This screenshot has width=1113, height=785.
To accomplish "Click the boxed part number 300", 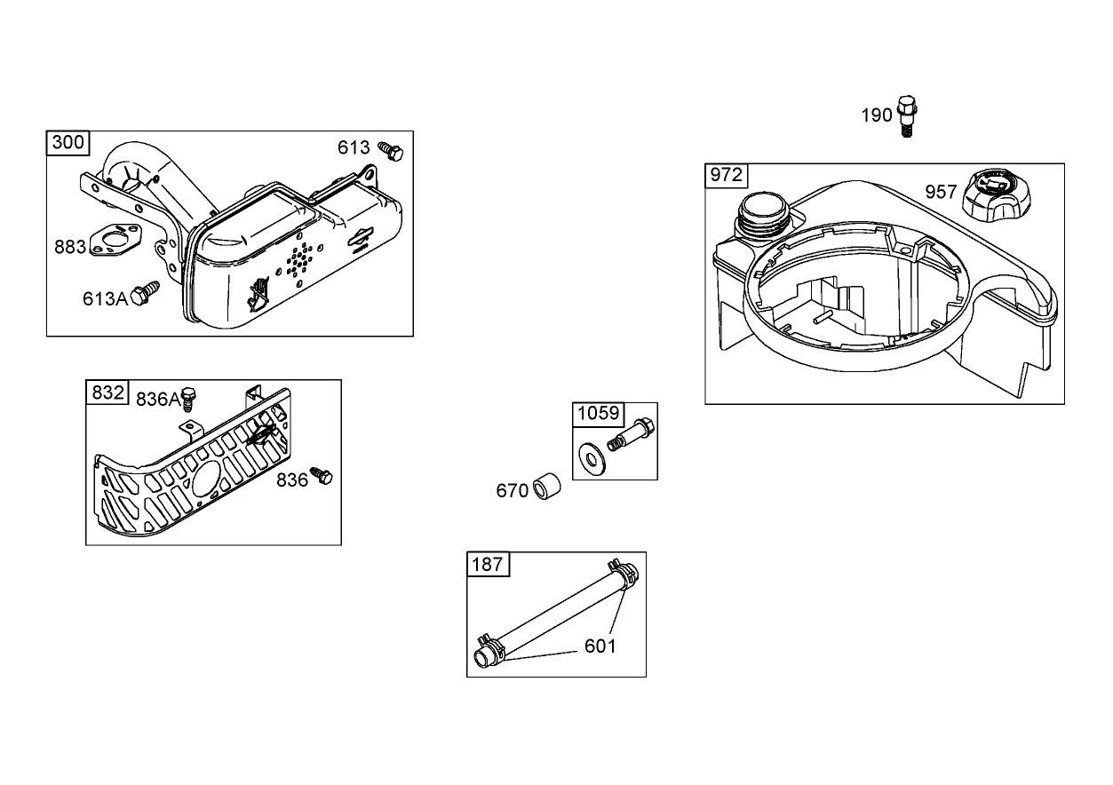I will point(68,143).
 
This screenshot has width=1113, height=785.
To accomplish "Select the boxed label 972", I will point(726,175).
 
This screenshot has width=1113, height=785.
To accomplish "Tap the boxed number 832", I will point(107,392).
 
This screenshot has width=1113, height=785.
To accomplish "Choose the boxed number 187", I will point(488,564).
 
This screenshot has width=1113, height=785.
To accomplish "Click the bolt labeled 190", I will point(905,115).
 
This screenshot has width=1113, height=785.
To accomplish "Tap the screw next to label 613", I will point(391,151).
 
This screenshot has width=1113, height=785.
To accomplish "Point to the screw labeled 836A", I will point(188,399).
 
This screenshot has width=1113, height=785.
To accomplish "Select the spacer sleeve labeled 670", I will point(547,488).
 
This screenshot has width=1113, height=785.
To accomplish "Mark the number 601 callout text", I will point(600,646).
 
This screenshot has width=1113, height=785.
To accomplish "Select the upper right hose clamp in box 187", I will point(621,573).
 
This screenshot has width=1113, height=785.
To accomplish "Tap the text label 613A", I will point(106,298).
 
